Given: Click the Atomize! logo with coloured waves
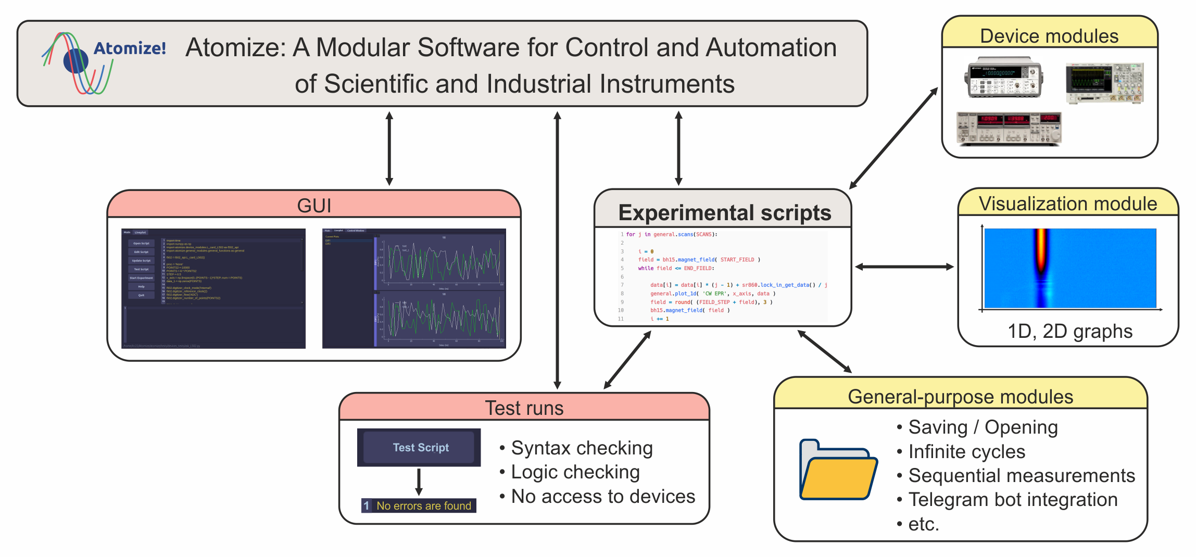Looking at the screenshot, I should [x=103, y=62].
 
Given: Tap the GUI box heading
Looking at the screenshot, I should [x=314, y=206].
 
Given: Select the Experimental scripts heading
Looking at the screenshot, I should [x=724, y=213].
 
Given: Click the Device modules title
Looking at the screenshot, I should [x=1049, y=36].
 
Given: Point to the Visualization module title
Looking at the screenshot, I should [x=1068, y=204].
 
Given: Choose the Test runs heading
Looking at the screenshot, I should [x=524, y=408].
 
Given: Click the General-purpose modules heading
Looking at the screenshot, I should [x=961, y=397].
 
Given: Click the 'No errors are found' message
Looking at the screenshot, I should [x=423, y=505].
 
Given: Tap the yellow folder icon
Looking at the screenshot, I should [x=838, y=470].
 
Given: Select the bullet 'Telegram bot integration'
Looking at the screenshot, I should [x=1013, y=500].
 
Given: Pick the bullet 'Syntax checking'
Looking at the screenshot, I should [x=582, y=448].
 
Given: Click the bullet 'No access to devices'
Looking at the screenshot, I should [x=603, y=497].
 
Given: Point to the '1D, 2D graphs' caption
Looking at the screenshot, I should [x=1070, y=331].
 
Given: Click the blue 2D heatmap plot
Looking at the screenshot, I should [x=1070, y=268].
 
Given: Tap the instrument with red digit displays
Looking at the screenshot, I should [x=1009, y=129].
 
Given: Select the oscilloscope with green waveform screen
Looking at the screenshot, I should [x=1104, y=83].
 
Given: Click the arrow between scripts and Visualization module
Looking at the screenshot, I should [x=904, y=267].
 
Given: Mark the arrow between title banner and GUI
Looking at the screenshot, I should [x=389, y=148].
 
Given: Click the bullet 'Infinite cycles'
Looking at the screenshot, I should [x=967, y=452].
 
